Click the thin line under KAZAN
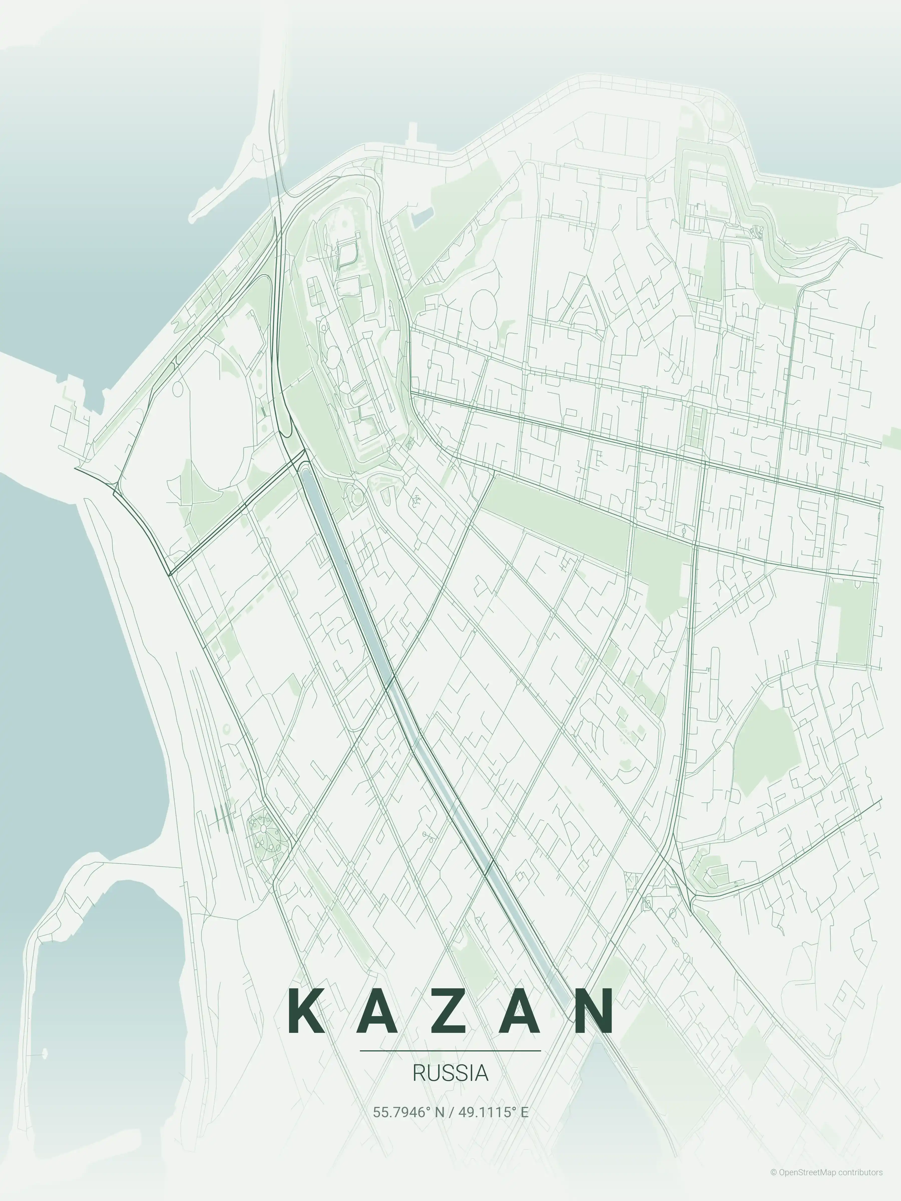(450, 1051)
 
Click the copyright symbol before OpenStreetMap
(773, 1183)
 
